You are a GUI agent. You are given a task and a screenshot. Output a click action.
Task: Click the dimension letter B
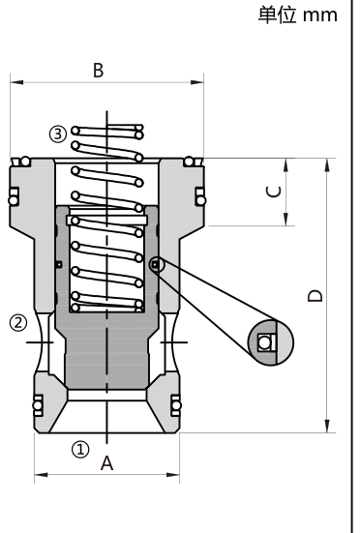[99, 71]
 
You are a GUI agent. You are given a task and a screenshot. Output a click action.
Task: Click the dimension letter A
[106, 463]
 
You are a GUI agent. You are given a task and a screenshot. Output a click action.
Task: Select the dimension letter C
[274, 192]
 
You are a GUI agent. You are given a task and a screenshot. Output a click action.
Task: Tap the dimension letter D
[315, 296]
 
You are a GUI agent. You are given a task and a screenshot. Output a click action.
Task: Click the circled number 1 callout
[80, 450]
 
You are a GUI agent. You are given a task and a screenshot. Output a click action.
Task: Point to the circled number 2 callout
[18, 322]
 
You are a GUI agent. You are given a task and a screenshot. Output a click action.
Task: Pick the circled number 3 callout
[58, 133]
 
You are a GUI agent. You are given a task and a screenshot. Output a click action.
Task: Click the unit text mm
[320, 15]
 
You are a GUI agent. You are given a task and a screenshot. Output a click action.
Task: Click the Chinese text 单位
[277, 15]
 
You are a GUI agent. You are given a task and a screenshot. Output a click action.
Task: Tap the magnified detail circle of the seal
[271, 342]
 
